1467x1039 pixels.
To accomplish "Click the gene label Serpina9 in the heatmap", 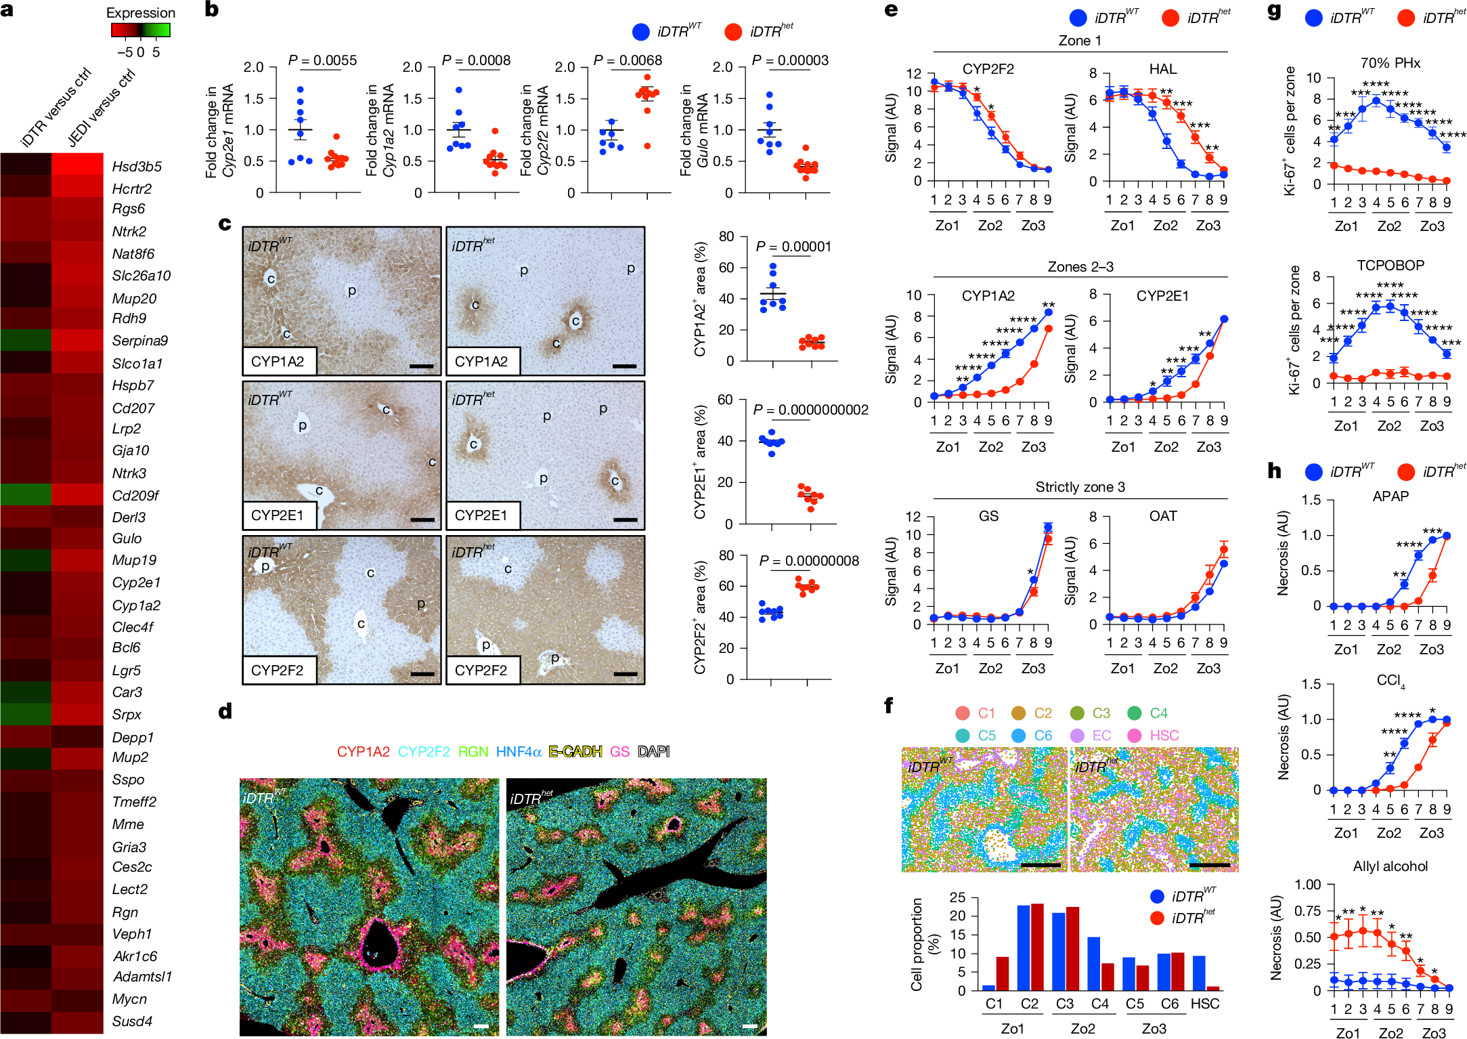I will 139,341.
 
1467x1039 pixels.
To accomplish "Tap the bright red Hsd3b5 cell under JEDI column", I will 77,165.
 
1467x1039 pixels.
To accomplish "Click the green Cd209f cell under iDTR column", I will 26,494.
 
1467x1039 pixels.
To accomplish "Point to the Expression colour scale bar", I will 140,30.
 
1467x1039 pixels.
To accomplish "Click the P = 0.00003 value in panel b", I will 790,60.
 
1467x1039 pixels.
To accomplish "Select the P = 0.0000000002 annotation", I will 810,410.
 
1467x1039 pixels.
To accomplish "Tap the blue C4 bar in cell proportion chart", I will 1093,963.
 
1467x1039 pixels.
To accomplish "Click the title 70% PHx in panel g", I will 1390,63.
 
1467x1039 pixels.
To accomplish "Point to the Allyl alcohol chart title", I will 1390,866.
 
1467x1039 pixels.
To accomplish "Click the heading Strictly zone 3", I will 1080,487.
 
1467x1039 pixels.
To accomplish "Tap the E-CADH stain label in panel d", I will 575,751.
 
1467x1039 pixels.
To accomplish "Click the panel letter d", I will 225,711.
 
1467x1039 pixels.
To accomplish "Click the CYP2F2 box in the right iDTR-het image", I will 482,670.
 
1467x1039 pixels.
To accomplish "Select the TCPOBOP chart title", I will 1390,266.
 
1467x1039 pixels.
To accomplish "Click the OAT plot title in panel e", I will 1162,516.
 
